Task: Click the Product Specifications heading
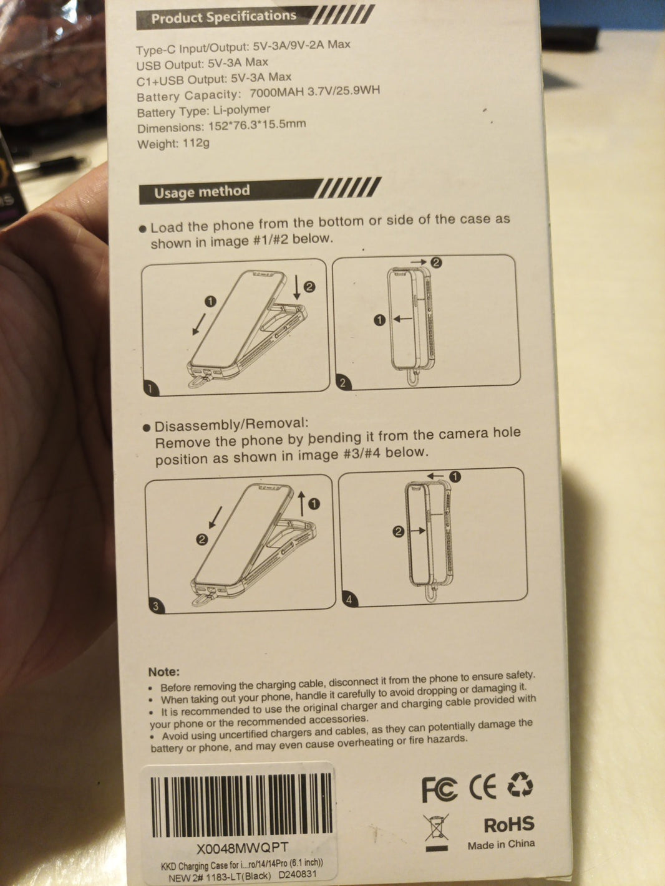click(x=224, y=17)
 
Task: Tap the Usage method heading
click(x=202, y=191)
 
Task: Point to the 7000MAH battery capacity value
click(x=276, y=92)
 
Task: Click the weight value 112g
click(x=196, y=143)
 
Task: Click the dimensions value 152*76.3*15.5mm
click(x=257, y=125)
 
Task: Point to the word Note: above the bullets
click(x=164, y=672)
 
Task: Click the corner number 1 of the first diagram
click(x=150, y=388)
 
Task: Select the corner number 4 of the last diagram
click(x=349, y=600)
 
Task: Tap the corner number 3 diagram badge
click(x=156, y=606)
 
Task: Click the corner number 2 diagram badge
click(x=343, y=382)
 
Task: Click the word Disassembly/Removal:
click(x=231, y=425)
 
